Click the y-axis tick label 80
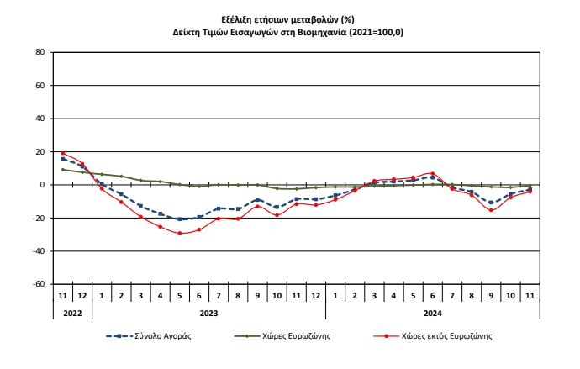click(x=39, y=52)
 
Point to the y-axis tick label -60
click(x=37, y=284)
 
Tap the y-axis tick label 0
click(x=41, y=185)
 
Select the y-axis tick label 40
click(x=39, y=119)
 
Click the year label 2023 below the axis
click(x=208, y=312)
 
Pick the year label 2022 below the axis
click(x=72, y=312)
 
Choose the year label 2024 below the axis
click(x=433, y=312)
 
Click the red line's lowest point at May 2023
click(x=180, y=233)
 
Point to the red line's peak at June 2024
click(x=433, y=173)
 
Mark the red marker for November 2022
click(x=63, y=153)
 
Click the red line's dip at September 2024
click(x=491, y=210)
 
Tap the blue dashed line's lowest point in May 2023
click(x=180, y=219)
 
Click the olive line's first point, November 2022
click(x=63, y=170)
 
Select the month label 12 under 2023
click(x=316, y=296)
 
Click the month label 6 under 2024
click(x=433, y=296)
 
